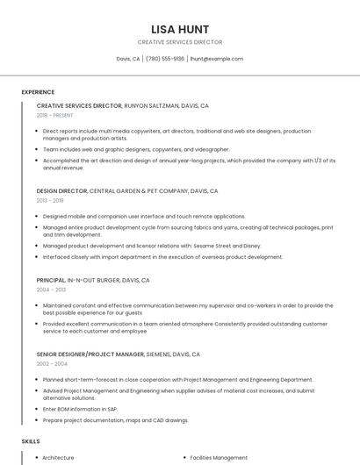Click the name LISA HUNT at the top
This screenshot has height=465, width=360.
pyautogui.click(x=179, y=28)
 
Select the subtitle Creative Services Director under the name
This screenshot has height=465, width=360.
pyautogui.click(x=179, y=42)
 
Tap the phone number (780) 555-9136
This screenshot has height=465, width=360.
pyautogui.click(x=165, y=59)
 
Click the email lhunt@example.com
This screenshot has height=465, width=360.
pyautogui.click(x=216, y=59)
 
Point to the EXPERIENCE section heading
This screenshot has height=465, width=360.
pyautogui.click(x=38, y=92)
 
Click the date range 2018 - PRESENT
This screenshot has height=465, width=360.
pyautogui.click(x=54, y=115)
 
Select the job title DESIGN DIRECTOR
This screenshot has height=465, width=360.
pyautogui.click(x=61, y=190)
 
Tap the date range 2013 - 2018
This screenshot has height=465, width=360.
pyautogui.click(x=50, y=200)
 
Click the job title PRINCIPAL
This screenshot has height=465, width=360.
pyautogui.click(x=52, y=280)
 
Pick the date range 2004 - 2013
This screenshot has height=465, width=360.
pyautogui.click(x=51, y=290)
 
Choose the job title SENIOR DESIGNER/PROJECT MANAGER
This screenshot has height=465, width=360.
pyautogui.click(x=90, y=354)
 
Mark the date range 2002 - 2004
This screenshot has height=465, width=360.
pyautogui.click(x=51, y=364)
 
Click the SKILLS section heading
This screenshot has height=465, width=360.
pyautogui.click(x=31, y=441)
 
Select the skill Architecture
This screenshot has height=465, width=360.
pyautogui.click(x=58, y=457)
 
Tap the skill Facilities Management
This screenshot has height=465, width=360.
pyautogui.click(x=219, y=457)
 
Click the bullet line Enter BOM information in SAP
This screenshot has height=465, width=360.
pyautogui.click(x=80, y=410)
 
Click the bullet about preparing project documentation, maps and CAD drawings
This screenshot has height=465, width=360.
pyautogui.click(x=115, y=420)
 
